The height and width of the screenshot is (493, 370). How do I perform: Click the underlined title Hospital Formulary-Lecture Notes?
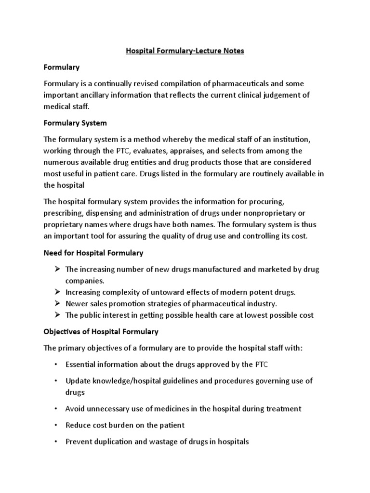[x=185, y=51]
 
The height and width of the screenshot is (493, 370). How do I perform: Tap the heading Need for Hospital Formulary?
[x=93, y=253]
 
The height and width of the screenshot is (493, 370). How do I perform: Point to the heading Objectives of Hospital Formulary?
[x=101, y=332]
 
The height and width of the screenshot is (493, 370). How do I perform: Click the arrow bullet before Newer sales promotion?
[x=56, y=304]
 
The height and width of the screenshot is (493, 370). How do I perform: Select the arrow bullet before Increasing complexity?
[x=56, y=292]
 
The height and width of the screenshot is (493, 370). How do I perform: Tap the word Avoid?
[x=75, y=409]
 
